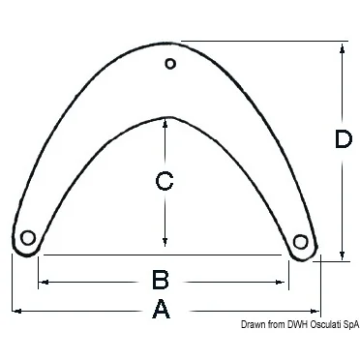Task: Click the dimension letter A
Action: click(161, 310)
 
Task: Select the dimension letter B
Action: click(161, 280)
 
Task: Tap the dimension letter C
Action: click(165, 180)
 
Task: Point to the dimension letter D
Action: click(343, 138)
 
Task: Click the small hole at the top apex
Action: click(170, 64)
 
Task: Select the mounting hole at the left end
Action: click(28, 238)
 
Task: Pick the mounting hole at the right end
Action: click(300, 242)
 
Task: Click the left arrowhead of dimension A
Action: click(16, 311)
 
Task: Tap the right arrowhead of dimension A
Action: click(315, 311)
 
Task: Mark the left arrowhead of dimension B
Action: click(44, 283)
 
